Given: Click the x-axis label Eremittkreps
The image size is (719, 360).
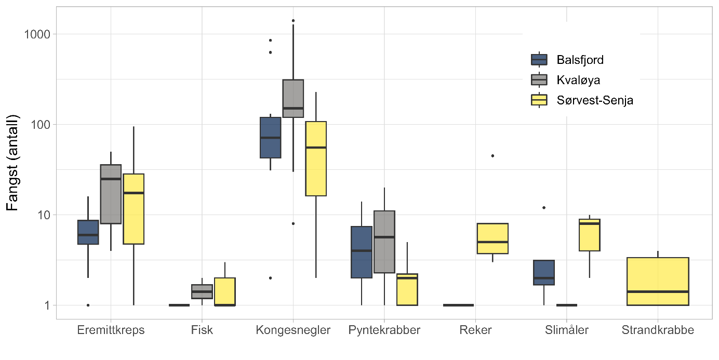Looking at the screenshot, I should click(x=110, y=330).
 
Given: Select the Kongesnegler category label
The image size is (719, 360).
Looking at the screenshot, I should click(x=293, y=330).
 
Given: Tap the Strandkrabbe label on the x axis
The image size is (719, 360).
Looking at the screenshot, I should click(x=658, y=330).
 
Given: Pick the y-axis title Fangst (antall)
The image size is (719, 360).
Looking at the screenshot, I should click(x=12, y=163).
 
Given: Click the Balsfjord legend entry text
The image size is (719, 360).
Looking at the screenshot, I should click(x=579, y=60).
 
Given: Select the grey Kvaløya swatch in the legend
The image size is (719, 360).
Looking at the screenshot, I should click(x=539, y=79).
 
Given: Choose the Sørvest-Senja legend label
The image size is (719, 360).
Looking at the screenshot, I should click(x=594, y=100).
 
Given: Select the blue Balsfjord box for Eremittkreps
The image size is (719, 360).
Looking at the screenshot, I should click(x=88, y=232).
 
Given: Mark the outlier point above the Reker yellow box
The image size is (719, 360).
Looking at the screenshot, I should click(x=492, y=156).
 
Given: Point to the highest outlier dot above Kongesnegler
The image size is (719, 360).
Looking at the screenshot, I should click(x=293, y=21).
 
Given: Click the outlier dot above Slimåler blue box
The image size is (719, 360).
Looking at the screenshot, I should click(x=544, y=208).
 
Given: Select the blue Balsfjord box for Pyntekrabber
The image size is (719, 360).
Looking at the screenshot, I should click(x=362, y=252).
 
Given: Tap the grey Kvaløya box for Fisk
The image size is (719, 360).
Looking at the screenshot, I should click(x=202, y=291).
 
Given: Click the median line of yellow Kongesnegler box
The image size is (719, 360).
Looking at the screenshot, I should click(x=316, y=148).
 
